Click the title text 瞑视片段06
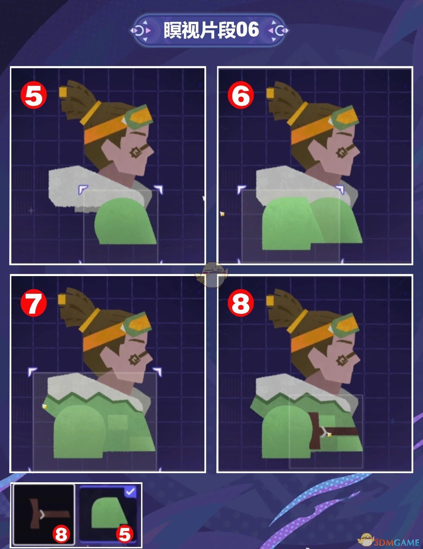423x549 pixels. coord(211,30)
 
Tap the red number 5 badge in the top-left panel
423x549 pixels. coord(34,96)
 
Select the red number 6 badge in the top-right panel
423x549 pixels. coord(241,96)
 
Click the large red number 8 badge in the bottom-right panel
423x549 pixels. coord(241,303)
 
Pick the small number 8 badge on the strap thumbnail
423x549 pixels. coord(61,534)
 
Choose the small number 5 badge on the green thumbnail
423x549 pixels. coord(125,534)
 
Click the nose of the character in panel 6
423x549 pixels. coord(356,151)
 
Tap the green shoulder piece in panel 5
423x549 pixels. coord(125,221)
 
